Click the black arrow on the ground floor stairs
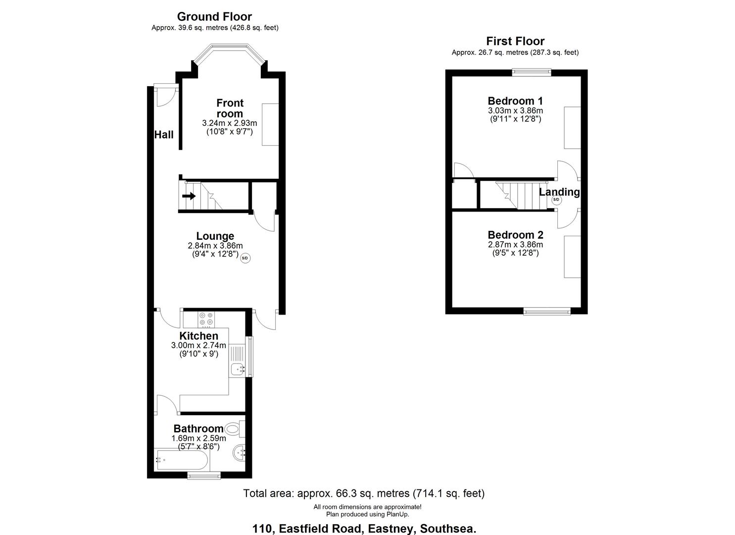click(189, 196)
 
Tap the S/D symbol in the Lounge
click(245, 258)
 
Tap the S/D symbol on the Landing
click(556, 201)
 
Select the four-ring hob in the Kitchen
click(206, 319)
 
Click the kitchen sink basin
click(237, 369)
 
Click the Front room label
click(230, 108)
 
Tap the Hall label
click(164, 134)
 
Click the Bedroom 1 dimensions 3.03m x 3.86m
click(515, 110)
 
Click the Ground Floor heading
click(214, 17)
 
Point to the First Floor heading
click(515, 41)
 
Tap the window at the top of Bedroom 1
click(531, 72)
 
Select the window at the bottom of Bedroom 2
click(547, 311)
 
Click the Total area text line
click(364, 493)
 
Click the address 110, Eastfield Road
click(364, 529)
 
